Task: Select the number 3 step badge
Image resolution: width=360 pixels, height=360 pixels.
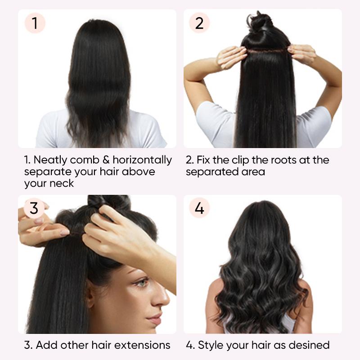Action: tap(35, 208)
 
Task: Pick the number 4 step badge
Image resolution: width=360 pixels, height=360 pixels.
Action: tap(199, 208)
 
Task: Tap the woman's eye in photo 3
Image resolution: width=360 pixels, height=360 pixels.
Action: tap(141, 283)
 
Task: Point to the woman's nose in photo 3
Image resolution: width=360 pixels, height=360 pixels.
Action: tap(161, 297)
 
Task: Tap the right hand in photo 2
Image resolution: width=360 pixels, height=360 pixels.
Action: tap(303, 54)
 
